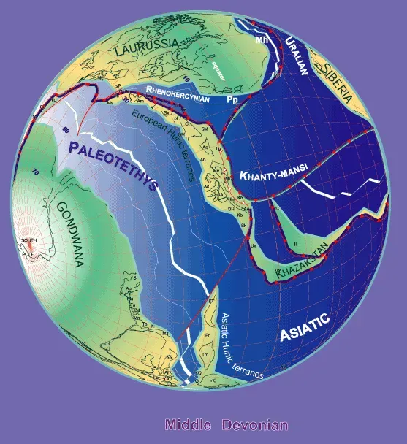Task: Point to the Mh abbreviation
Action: tap(261, 41)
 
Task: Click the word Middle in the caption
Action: tap(188, 425)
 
